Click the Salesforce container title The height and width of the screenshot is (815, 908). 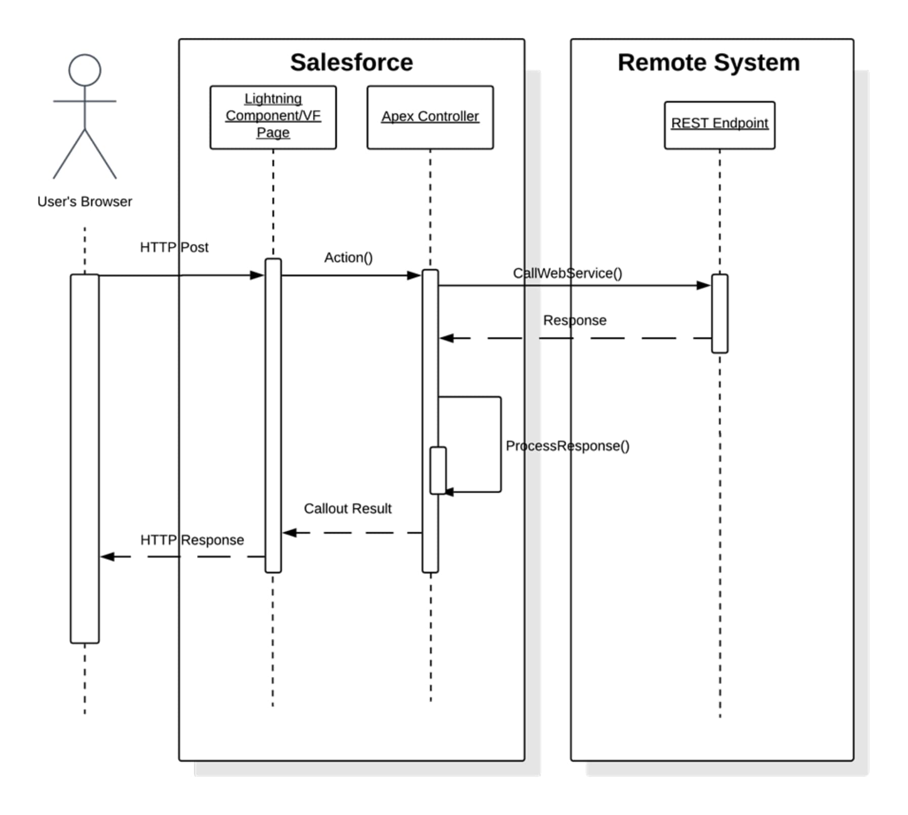[x=351, y=63]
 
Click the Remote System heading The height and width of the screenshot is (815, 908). [x=708, y=63]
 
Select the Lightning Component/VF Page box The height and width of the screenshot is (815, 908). [x=273, y=117]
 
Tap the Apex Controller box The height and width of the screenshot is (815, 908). [x=430, y=117]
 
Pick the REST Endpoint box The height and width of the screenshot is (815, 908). [x=719, y=124]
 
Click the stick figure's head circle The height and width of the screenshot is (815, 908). [x=85, y=70]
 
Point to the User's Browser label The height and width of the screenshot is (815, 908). [x=85, y=201]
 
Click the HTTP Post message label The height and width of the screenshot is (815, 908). [x=174, y=247]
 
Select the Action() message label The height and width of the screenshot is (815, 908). [x=348, y=258]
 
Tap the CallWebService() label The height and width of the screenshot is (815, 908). [x=567, y=273]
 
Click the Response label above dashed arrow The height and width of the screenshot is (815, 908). [x=574, y=320]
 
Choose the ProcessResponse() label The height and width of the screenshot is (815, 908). [x=567, y=446]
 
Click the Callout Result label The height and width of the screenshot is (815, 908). [x=347, y=508]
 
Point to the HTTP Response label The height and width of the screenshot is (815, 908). [x=192, y=540]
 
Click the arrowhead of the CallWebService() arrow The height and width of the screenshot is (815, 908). [x=704, y=285]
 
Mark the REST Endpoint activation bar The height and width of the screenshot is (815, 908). [x=719, y=314]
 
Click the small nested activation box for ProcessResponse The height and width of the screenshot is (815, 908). [x=438, y=470]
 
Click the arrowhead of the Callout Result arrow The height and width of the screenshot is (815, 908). [x=289, y=532]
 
